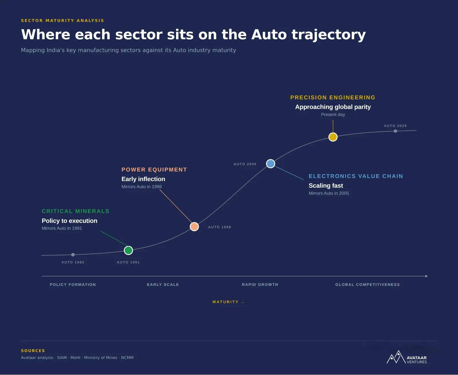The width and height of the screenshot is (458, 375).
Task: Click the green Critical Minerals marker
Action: (128, 250)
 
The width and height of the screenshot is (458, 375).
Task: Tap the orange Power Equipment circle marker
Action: (194, 227)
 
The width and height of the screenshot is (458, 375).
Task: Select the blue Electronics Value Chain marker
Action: (271, 164)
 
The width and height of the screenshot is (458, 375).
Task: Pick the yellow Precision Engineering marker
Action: (333, 137)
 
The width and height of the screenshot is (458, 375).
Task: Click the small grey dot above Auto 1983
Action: (73, 255)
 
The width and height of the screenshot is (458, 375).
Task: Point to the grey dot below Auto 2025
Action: (395, 131)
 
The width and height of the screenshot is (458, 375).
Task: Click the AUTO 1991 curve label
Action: (128, 262)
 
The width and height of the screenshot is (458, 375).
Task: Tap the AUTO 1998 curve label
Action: (220, 227)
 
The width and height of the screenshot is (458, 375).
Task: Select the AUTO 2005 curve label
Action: (245, 164)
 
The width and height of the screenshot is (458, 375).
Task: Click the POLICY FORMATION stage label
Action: (73, 284)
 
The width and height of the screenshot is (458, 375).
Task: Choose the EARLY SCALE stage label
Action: (163, 284)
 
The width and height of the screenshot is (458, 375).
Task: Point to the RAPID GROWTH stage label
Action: (260, 284)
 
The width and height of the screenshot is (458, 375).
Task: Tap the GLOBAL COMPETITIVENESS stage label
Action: (368, 284)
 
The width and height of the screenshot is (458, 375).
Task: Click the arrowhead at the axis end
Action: (427, 276)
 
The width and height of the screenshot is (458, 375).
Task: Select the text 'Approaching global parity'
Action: (333, 107)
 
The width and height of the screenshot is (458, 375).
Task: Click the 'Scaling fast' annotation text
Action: (326, 186)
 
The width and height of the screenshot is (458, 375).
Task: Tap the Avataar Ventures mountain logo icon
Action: (396, 357)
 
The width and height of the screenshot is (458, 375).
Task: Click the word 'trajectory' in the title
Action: (329, 35)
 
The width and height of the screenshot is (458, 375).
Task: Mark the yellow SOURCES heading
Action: (33, 351)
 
